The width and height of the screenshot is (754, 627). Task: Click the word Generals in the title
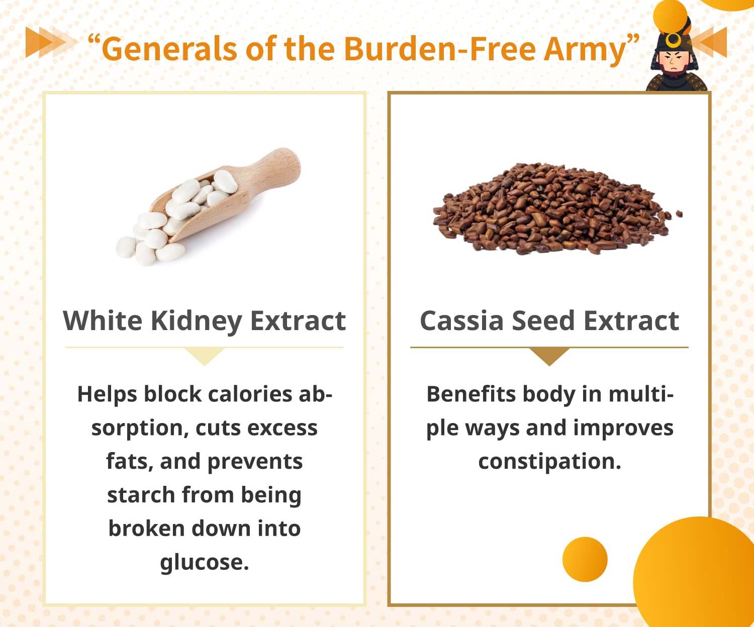click(x=170, y=49)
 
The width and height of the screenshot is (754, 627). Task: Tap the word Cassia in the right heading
click(x=462, y=321)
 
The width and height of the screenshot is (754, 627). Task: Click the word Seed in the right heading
click(x=543, y=321)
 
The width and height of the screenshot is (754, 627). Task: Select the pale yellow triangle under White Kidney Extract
click(x=205, y=355)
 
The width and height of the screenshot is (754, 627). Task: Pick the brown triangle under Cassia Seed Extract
click(x=549, y=355)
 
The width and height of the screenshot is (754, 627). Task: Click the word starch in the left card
click(x=141, y=495)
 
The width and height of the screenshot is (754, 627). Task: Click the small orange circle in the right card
click(x=585, y=559)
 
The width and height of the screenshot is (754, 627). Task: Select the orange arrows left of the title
click(x=51, y=42)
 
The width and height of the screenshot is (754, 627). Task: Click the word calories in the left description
click(x=250, y=394)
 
